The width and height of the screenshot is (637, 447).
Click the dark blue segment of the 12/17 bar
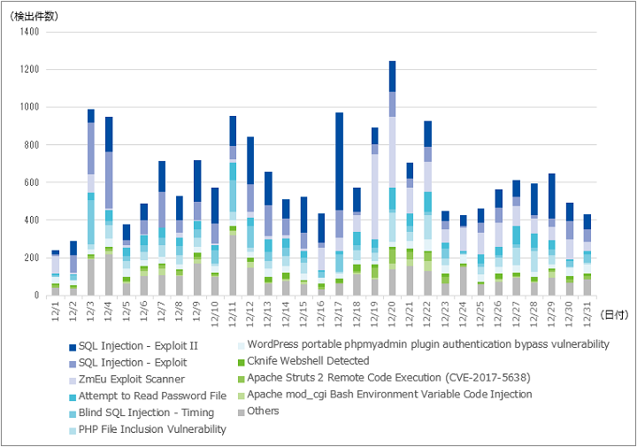[x=339, y=161]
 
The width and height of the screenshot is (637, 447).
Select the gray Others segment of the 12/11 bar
[x=233, y=266]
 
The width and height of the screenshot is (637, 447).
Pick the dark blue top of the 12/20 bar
[x=393, y=76]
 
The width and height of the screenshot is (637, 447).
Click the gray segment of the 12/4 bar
[x=109, y=275]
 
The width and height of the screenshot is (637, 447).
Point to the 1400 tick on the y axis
[x=29, y=32]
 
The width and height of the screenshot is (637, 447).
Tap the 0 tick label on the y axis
[x=36, y=296]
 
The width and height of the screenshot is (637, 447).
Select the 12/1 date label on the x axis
[x=56, y=312]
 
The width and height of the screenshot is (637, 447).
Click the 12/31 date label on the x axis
[x=587, y=313]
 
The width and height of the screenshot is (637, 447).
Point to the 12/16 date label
[x=321, y=313]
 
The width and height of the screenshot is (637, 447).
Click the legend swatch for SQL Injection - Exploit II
[x=73, y=348]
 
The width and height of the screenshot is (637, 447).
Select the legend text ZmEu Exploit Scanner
[x=132, y=380]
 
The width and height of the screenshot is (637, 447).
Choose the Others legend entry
[x=258, y=412]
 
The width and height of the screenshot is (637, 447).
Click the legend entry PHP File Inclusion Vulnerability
[x=148, y=429]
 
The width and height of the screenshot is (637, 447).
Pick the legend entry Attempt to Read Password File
[x=148, y=397]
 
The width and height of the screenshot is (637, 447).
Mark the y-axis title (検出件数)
[x=35, y=17]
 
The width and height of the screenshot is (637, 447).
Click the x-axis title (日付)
[x=614, y=314]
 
